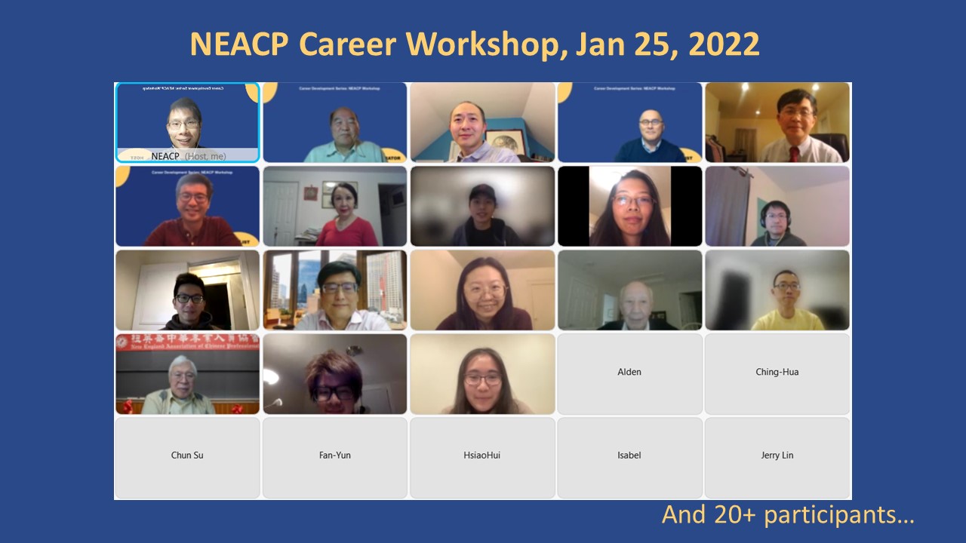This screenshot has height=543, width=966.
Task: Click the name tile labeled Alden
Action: click(x=629, y=372)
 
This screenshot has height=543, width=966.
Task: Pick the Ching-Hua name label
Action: click(x=777, y=372)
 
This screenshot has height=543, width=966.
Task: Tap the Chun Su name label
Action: click(x=187, y=456)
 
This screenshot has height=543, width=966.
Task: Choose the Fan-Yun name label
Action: click(x=334, y=456)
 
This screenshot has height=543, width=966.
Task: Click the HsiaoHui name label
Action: click(x=482, y=456)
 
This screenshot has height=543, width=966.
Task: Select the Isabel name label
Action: click(x=629, y=456)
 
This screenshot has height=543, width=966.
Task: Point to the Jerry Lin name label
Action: click(x=777, y=456)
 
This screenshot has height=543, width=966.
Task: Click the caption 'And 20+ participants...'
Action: click(x=788, y=514)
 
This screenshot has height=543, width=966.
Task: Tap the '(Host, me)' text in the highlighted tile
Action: click(x=205, y=157)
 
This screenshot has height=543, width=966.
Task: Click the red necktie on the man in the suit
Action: click(x=794, y=153)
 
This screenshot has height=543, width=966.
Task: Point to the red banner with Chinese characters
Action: click(x=187, y=342)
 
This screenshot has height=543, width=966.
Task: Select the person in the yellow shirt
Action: click(x=785, y=309)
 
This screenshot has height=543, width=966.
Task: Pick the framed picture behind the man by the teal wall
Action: click(x=504, y=140)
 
